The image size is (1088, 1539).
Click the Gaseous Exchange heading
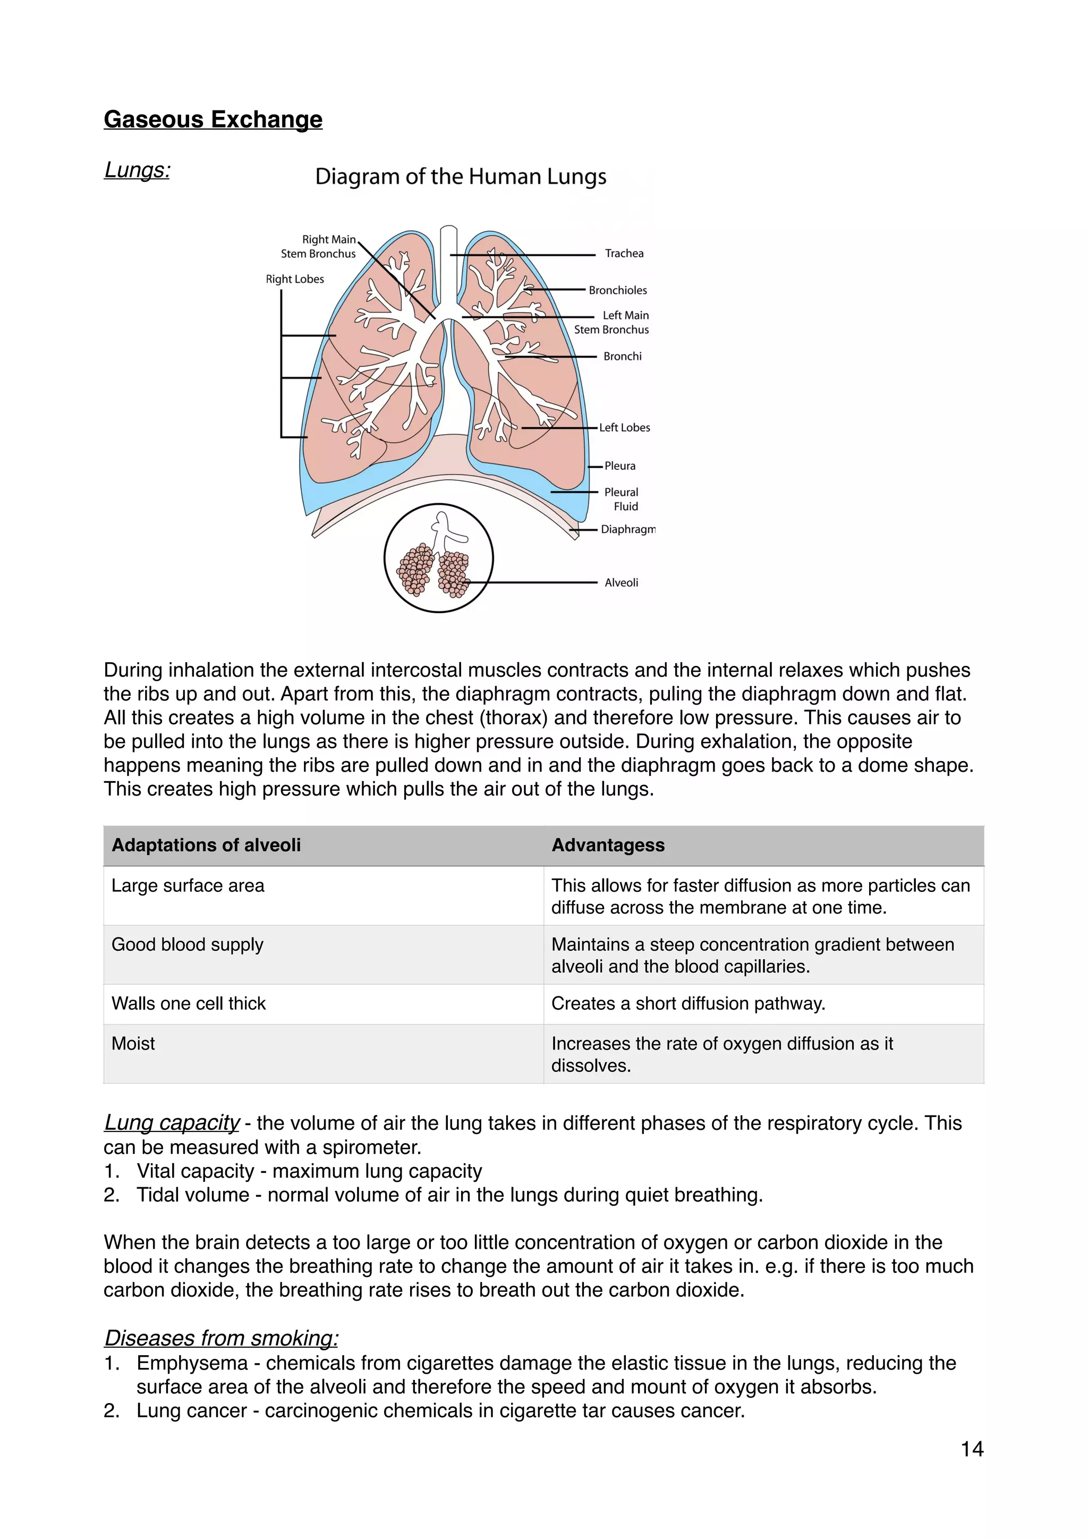click(x=213, y=120)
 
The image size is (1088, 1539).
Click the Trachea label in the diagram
click(x=624, y=253)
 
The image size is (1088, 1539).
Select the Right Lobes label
click(x=295, y=279)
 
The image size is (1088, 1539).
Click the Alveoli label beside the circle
click(x=621, y=582)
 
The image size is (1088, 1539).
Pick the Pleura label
click(x=620, y=466)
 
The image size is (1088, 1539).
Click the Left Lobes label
click(x=624, y=428)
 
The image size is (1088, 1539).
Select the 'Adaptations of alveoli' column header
click(x=206, y=845)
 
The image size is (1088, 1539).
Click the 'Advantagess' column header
click(x=608, y=845)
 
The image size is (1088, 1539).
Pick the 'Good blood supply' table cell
click(x=188, y=944)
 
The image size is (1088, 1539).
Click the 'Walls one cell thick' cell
click(x=189, y=1003)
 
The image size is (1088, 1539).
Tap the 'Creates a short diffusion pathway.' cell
click(x=688, y=1003)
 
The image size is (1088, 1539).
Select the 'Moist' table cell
click(x=133, y=1044)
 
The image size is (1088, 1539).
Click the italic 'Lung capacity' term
click(x=172, y=1123)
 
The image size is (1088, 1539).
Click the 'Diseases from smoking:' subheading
click(x=221, y=1338)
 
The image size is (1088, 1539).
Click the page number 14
click(x=972, y=1449)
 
